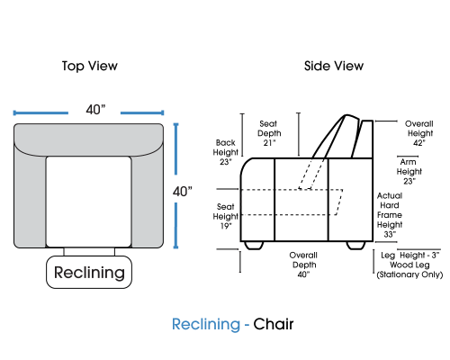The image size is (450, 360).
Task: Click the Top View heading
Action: click(x=90, y=67)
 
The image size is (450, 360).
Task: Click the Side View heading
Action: click(x=334, y=66)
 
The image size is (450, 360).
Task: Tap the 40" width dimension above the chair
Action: click(x=95, y=110)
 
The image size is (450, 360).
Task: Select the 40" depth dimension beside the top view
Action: click(x=182, y=192)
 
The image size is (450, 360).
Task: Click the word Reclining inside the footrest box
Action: click(x=89, y=273)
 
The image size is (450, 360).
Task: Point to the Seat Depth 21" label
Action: click(x=269, y=133)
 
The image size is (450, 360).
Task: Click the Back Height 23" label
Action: click(x=226, y=152)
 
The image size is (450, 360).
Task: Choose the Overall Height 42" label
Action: click(x=419, y=133)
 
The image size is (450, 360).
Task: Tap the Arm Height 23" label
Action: click(x=409, y=171)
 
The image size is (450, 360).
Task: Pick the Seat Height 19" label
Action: click(x=225, y=216)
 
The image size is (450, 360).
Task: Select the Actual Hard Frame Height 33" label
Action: click(x=390, y=215)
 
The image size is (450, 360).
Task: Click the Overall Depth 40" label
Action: click(x=303, y=265)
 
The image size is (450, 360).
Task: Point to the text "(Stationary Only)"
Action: click(x=409, y=274)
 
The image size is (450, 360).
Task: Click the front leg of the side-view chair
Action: click(x=254, y=245)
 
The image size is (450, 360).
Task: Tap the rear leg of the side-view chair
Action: click(x=356, y=245)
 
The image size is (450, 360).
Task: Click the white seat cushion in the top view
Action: click(x=88, y=202)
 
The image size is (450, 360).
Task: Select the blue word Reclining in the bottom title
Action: click(x=206, y=325)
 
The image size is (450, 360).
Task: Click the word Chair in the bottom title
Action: click(x=274, y=324)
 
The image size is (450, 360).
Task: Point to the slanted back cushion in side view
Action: click(x=335, y=137)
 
